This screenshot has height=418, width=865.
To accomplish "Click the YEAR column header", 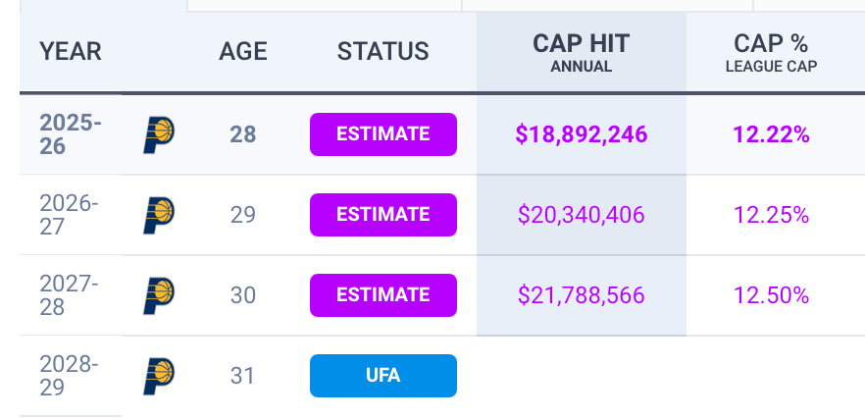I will pyautogui.click(x=71, y=51).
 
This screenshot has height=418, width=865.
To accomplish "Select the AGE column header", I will pyautogui.click(x=242, y=51).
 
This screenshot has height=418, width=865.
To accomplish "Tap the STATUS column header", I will pyautogui.click(x=382, y=51).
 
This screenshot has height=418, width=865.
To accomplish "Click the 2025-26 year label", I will pyautogui.click(x=70, y=134).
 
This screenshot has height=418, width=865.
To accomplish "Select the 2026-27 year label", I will pyautogui.click(x=69, y=215).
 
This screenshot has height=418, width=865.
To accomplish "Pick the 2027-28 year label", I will pyautogui.click(x=69, y=295).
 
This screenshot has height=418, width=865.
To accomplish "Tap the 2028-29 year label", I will pyautogui.click(x=69, y=376).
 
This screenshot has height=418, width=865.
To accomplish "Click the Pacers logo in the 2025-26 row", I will pyautogui.click(x=158, y=134).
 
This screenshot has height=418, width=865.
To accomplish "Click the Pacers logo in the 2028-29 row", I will pyautogui.click(x=158, y=376).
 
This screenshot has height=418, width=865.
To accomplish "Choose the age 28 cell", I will pyautogui.click(x=242, y=134).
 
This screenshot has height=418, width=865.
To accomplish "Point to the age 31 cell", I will pyautogui.click(x=242, y=376).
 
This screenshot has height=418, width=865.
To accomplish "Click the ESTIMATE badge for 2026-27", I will pyautogui.click(x=383, y=215).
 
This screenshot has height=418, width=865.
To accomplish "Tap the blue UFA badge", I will pyautogui.click(x=383, y=376).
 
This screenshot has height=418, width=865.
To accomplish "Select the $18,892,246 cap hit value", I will pyautogui.click(x=581, y=134).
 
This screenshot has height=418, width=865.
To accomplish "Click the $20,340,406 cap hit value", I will pyautogui.click(x=581, y=215).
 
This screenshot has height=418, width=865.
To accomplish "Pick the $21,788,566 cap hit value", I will pyautogui.click(x=581, y=295).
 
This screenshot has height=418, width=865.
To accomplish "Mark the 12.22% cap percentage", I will pyautogui.click(x=771, y=134).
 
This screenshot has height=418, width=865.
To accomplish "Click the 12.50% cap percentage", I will pyautogui.click(x=771, y=295).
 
